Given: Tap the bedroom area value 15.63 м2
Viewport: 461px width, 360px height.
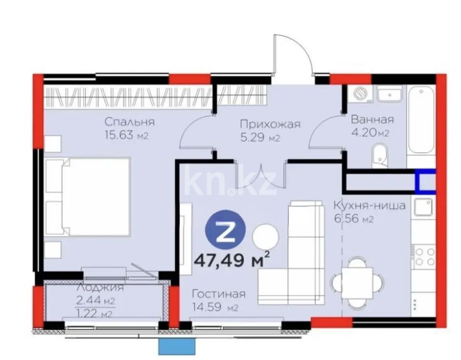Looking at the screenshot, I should [x=127, y=136].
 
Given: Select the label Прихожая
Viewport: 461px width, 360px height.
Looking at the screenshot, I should [x=270, y=125].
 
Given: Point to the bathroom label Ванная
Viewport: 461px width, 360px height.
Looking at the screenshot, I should [x=372, y=119].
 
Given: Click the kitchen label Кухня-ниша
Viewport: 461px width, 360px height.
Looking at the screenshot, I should [x=369, y=206].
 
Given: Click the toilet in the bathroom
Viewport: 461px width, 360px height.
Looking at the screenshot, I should [x=381, y=156].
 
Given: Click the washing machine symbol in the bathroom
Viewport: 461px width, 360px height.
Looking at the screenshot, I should [x=362, y=94].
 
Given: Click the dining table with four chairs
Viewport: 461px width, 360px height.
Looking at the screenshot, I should [x=359, y=282].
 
